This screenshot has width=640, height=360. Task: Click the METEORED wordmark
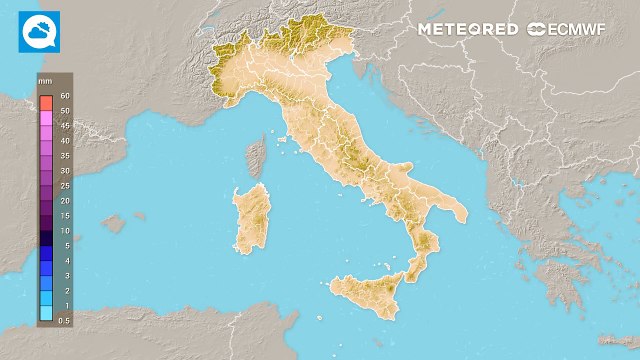pyautogui.click(x=467, y=29)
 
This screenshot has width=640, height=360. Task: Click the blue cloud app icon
pyautogui.click(x=39, y=32)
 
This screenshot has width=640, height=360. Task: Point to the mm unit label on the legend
pyautogui.click(x=45, y=78)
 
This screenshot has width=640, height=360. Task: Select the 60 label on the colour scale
pyautogui.click(x=65, y=96)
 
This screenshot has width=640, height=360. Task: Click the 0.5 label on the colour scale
pyautogui.click(x=65, y=320)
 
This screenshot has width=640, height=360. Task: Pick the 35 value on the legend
pyautogui.click(x=65, y=156)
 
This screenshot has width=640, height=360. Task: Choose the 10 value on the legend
pyautogui.click(x=65, y=230)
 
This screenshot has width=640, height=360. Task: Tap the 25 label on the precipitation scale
pyautogui.click(x=65, y=186)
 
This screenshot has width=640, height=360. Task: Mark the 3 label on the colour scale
pyautogui.click(x=65, y=275)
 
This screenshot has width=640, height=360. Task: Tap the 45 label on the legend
pyautogui.click(x=65, y=126)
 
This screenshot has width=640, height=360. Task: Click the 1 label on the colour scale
pyautogui.click(x=65, y=305)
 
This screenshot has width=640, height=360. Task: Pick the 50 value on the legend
pyautogui.click(x=65, y=111)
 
